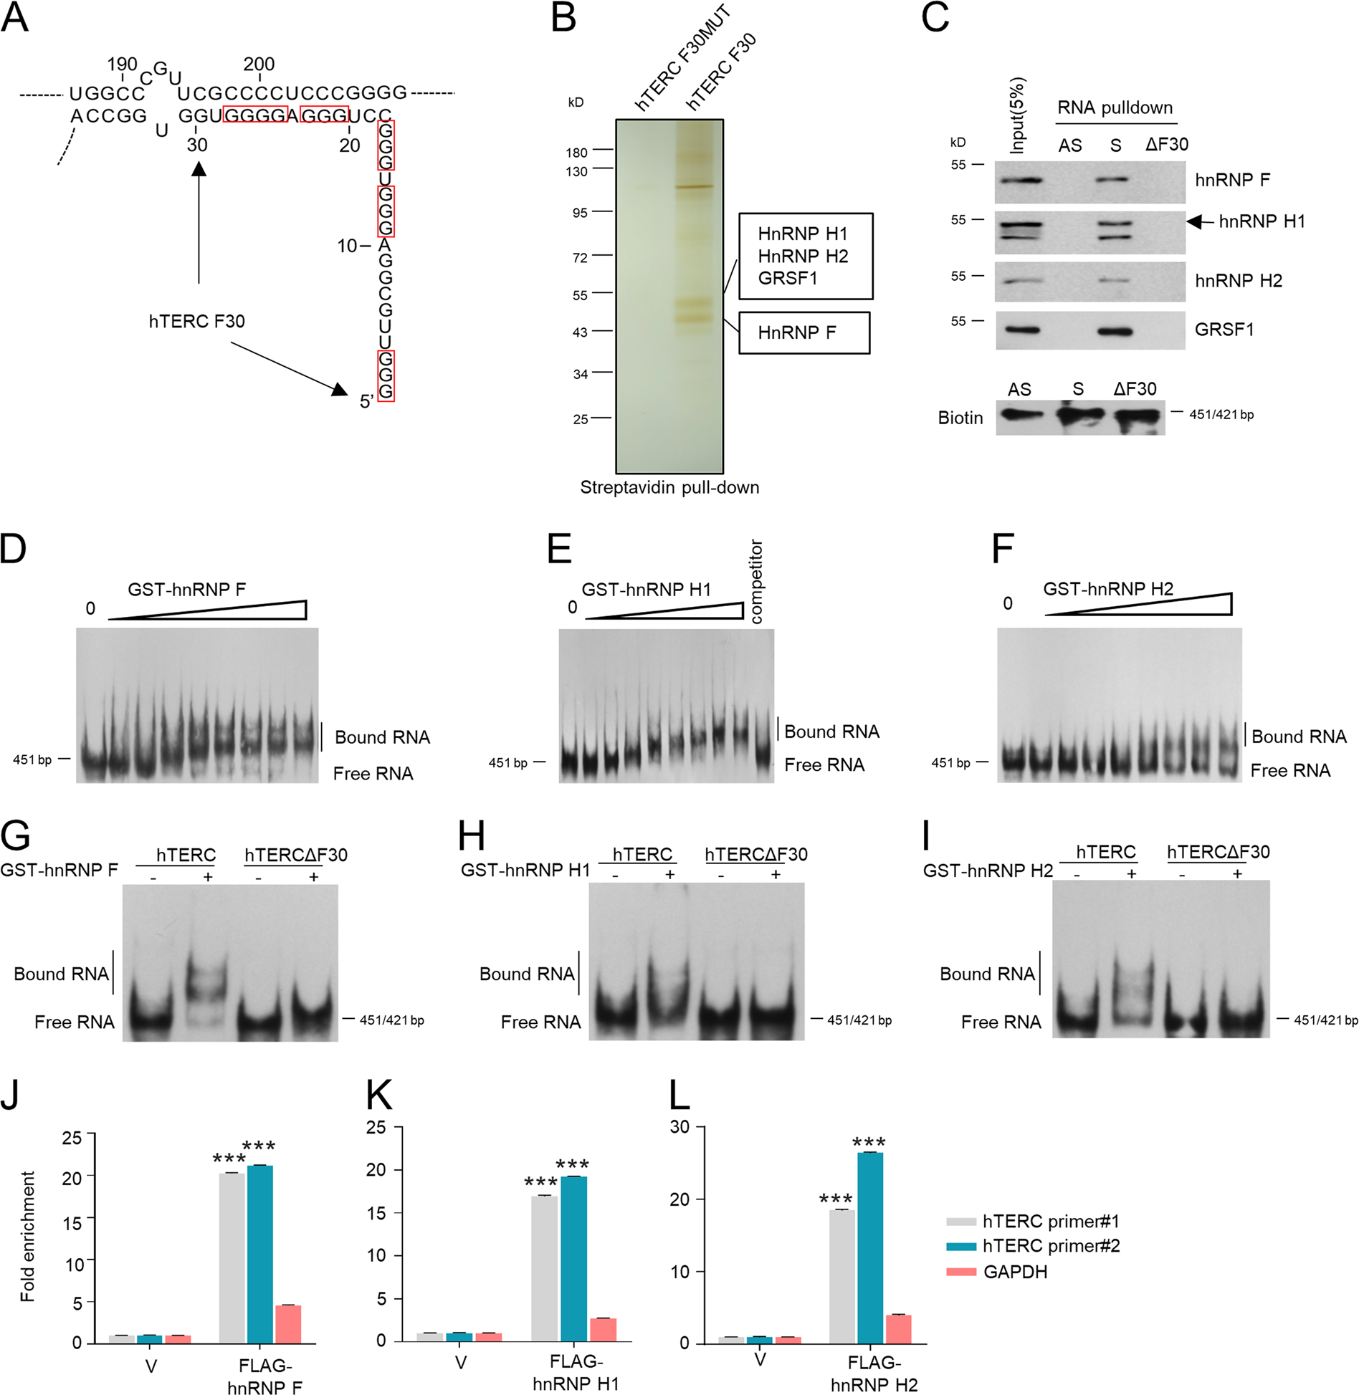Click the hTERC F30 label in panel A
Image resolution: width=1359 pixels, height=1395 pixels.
[x=196, y=321]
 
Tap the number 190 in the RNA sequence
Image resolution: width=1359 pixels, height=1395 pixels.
[x=122, y=64]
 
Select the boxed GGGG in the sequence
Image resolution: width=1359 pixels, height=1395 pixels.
[x=255, y=115]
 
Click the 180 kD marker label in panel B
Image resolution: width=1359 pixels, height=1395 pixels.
[x=576, y=153]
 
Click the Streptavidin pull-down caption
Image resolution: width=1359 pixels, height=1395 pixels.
[x=669, y=487]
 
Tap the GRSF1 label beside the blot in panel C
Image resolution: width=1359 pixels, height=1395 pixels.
[x=1224, y=330]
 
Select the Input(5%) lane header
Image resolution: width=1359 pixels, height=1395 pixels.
[x=1016, y=115]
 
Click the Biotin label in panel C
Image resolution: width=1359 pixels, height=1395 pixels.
[x=960, y=418]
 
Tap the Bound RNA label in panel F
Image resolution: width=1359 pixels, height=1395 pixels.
[x=1298, y=737]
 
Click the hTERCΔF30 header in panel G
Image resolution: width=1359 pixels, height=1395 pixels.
[x=295, y=855]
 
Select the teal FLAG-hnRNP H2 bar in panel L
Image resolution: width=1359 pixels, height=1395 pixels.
[x=870, y=1247]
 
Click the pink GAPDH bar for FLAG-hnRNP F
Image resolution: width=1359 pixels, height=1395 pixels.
[x=288, y=1323]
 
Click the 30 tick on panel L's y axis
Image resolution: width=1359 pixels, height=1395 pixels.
[x=679, y=1127]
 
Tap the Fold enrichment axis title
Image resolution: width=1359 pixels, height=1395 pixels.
[x=27, y=1237]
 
